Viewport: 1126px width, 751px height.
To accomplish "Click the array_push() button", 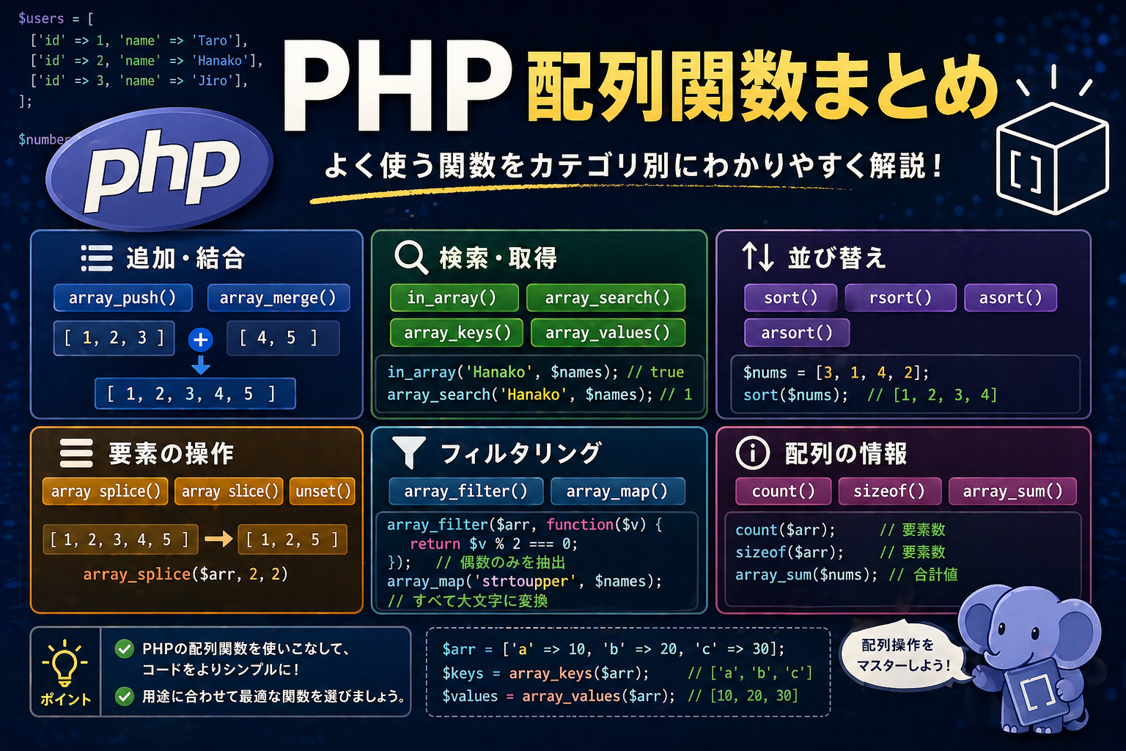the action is (x=122, y=298).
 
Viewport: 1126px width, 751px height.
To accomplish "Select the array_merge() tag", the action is (x=279, y=298).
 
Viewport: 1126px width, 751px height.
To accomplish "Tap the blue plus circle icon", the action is (x=201, y=340).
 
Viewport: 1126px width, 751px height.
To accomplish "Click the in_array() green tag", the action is (x=454, y=298).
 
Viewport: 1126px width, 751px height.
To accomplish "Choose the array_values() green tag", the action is (x=608, y=332).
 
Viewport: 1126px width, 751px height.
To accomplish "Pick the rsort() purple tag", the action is (x=900, y=298).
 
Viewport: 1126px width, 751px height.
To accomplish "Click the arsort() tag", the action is (x=797, y=332).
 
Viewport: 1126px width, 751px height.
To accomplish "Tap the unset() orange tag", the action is (x=323, y=491).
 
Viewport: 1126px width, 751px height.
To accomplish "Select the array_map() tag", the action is (x=618, y=491).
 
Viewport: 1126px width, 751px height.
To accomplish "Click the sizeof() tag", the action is (x=890, y=491).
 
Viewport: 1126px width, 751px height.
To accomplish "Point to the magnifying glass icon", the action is (x=411, y=257).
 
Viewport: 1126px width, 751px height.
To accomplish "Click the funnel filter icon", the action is (x=408, y=453).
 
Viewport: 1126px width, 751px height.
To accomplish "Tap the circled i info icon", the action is (x=753, y=453).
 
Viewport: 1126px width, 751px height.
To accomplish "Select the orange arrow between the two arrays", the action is (x=218, y=539).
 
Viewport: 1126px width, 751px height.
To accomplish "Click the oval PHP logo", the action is (x=160, y=169).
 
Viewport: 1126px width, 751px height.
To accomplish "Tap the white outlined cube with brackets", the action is (x=1052, y=158).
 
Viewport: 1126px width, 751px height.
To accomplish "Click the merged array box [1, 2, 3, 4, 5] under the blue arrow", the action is (x=195, y=393).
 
